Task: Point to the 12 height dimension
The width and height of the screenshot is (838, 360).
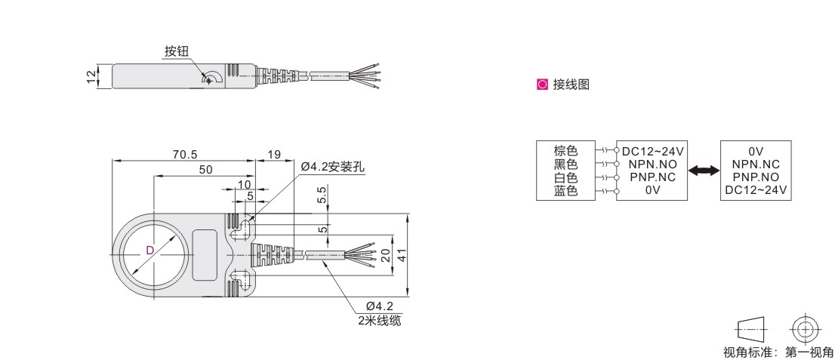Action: click(91, 76)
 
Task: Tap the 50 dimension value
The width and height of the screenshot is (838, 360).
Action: click(205, 171)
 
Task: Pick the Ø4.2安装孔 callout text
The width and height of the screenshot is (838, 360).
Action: click(332, 167)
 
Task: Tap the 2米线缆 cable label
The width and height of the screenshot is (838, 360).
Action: click(380, 320)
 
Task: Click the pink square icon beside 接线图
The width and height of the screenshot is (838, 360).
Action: click(541, 85)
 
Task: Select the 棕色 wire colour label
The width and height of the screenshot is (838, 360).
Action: click(565, 151)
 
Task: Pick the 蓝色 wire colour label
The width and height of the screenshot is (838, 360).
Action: click(565, 191)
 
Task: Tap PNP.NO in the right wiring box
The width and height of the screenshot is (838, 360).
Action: click(756, 177)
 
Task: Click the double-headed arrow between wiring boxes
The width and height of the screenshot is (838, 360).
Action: click(704, 172)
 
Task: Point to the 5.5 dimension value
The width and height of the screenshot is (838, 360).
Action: click(322, 195)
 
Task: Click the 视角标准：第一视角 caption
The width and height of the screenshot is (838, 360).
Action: click(778, 352)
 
